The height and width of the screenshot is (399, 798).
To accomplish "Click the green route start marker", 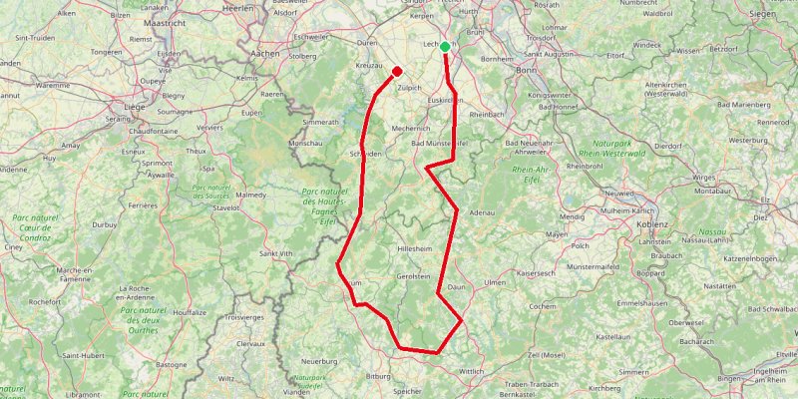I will coord(445,46).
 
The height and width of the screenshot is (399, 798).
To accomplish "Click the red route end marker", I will coord(397,71).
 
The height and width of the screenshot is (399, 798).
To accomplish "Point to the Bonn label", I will coord(526,71).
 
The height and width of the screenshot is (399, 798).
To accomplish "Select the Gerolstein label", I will coord(413,276).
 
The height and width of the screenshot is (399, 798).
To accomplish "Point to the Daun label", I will coord(458,287).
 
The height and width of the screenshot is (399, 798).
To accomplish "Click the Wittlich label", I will coord(472,371).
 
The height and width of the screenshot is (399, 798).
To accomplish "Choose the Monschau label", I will coord(304,144).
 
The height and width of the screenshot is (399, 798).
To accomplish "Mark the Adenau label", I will coord(482,212).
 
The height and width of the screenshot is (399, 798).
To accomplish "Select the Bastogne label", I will coord(171,365).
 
